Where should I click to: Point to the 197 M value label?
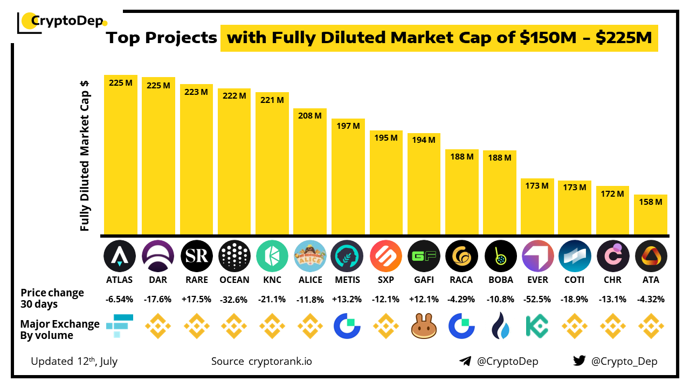(x=348, y=126)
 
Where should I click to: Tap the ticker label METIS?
(x=348, y=280)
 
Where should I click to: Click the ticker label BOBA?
(x=500, y=280)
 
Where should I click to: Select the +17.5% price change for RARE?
(x=196, y=299)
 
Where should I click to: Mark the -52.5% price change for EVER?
(x=537, y=299)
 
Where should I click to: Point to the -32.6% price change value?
(x=234, y=299)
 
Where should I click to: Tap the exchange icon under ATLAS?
(x=119, y=325)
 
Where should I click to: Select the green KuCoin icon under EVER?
(x=537, y=326)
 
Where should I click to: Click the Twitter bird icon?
(x=579, y=361)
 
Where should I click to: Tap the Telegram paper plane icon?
(x=465, y=361)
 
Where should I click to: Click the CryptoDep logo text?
(x=67, y=22)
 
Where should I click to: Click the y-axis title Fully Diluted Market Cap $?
(x=85, y=156)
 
